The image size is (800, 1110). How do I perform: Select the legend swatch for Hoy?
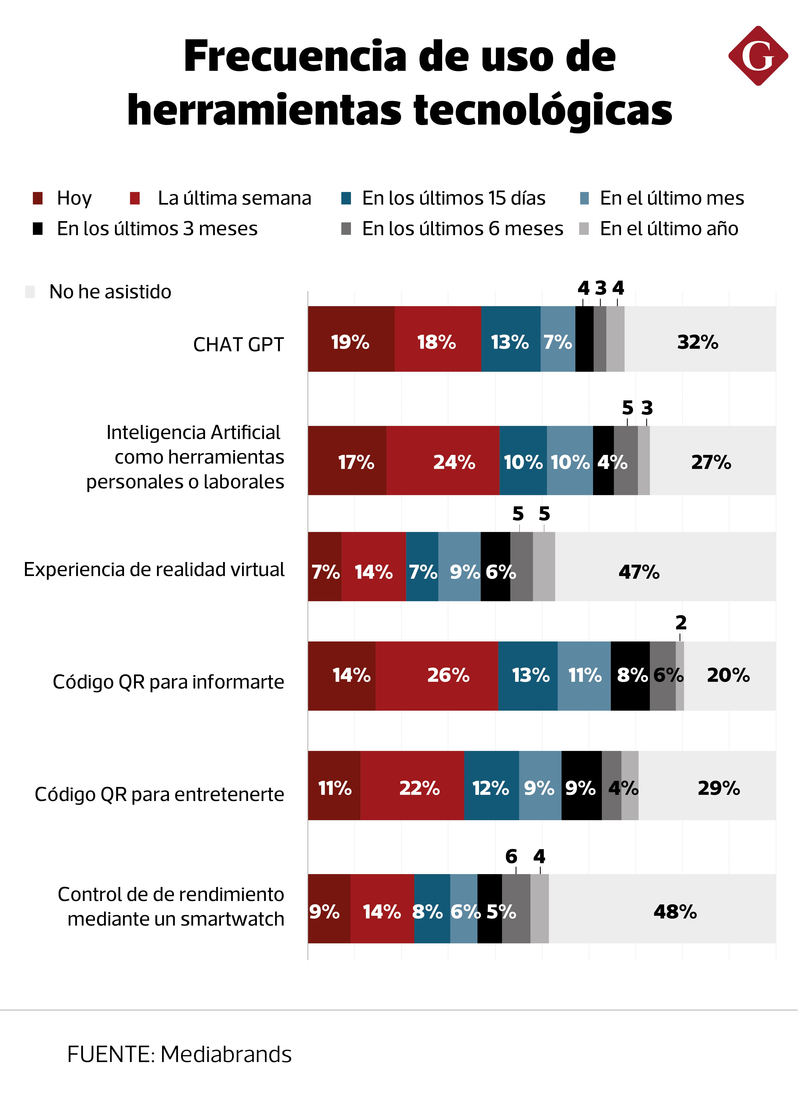click(38, 198)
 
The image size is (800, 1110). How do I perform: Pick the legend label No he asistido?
click(110, 292)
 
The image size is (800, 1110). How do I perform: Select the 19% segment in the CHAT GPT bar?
click(351, 342)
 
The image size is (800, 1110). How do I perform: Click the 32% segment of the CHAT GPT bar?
click(698, 342)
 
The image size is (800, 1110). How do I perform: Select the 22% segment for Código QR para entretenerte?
click(419, 788)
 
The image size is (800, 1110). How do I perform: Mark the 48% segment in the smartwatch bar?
click(675, 911)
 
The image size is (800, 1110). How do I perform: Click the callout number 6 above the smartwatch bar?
click(511, 856)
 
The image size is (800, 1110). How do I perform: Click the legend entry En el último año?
click(669, 229)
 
